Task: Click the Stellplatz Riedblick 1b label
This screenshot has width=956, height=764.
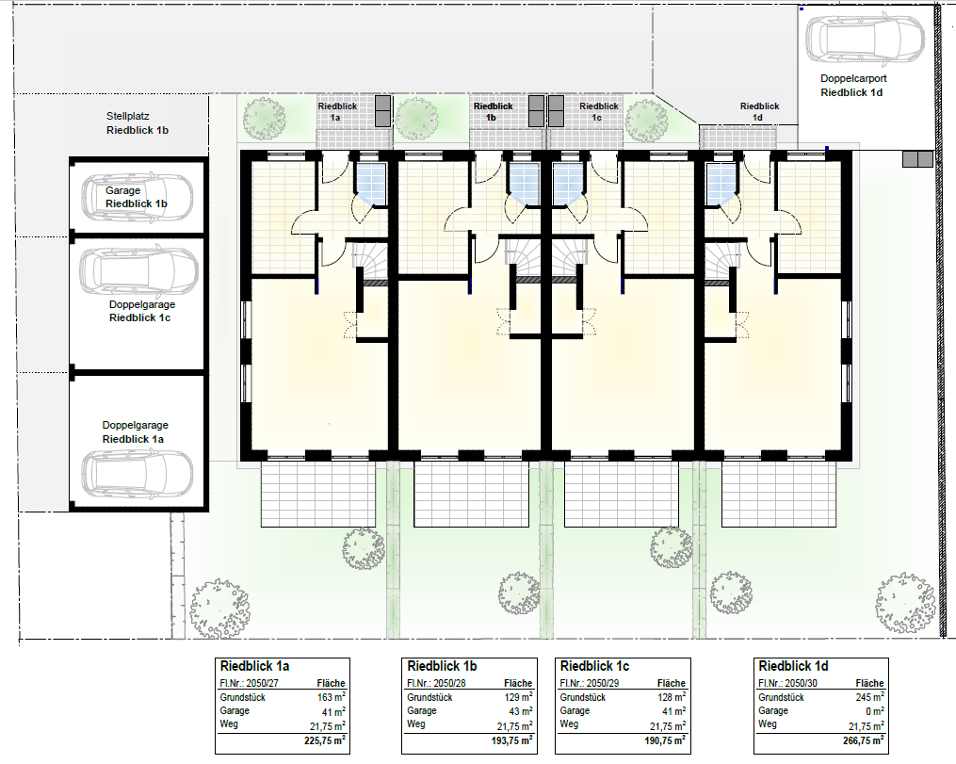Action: (x=138, y=122)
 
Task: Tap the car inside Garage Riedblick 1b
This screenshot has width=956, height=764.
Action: (x=138, y=198)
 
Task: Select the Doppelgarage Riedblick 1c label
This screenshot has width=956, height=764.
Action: (x=142, y=311)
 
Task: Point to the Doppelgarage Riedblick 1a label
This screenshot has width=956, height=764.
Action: (x=135, y=431)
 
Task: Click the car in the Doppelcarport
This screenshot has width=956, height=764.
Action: (x=865, y=39)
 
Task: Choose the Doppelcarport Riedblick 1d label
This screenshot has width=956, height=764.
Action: (x=853, y=86)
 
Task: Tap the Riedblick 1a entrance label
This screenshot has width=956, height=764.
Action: (x=337, y=111)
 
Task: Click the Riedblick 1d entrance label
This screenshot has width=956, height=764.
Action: (x=760, y=111)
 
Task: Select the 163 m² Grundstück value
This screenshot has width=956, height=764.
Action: (x=331, y=697)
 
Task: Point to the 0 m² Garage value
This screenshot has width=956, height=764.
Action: (x=874, y=711)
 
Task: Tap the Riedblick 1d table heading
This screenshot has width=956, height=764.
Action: (x=793, y=666)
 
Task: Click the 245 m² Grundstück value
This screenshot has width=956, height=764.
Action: (x=870, y=697)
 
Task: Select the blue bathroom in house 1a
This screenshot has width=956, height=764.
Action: (x=371, y=184)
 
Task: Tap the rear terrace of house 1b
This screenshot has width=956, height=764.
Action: (x=471, y=494)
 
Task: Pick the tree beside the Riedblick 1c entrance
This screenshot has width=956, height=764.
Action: (x=646, y=121)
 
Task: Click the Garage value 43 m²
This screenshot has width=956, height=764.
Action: (x=520, y=711)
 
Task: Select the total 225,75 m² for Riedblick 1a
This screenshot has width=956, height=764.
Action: (x=325, y=740)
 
